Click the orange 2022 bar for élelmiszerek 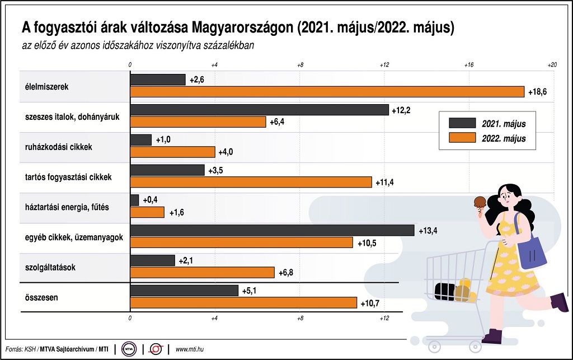click(327, 92)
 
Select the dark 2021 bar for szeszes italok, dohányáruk click(259, 110)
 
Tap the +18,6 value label click(537, 92)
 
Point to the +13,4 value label click(428, 230)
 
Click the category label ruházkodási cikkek click(59, 147)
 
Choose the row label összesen click(41, 297)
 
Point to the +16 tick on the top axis click(469, 65)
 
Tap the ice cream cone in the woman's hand click(480, 204)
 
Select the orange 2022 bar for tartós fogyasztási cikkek click(251, 182)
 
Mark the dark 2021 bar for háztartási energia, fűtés click(134, 200)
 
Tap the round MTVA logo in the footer click(129, 349)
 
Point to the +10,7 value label click(371, 302)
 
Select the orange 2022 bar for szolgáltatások click(203, 272)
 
